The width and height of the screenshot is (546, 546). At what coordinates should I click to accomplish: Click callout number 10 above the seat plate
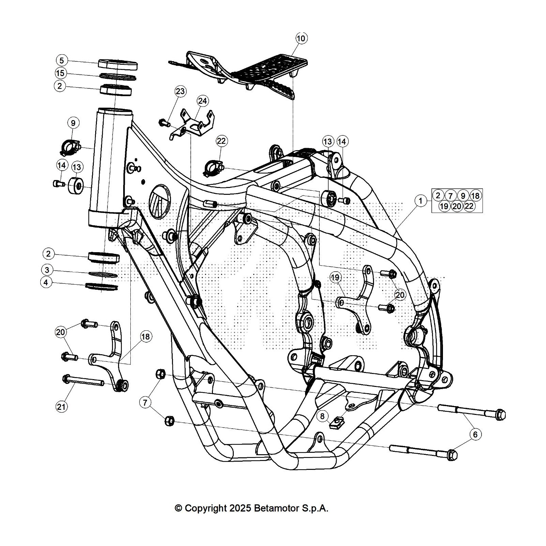pyautogui.click(x=301, y=38)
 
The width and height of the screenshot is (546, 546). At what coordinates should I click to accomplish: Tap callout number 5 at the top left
pyautogui.click(x=61, y=61)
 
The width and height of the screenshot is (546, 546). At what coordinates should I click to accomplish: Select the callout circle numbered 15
pyautogui.click(x=60, y=73)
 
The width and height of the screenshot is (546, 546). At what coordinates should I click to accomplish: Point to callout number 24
pyautogui.click(x=202, y=101)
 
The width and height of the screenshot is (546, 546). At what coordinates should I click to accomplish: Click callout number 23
pyautogui.click(x=180, y=91)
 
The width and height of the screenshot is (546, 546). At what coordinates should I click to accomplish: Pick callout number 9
pyautogui.click(x=73, y=123)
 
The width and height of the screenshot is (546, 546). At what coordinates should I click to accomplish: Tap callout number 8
pyautogui.click(x=322, y=416)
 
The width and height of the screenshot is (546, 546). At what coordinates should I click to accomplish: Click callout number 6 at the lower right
pyautogui.click(x=475, y=434)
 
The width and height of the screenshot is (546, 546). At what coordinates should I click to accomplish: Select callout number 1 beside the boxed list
pyautogui.click(x=420, y=201)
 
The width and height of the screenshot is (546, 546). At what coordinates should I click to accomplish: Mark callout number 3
pyautogui.click(x=47, y=270)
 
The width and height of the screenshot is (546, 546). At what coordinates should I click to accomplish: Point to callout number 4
pyautogui.click(x=46, y=283)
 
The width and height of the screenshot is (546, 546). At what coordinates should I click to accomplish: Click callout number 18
pyautogui.click(x=145, y=337)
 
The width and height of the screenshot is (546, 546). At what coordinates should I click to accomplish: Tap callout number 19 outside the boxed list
pyautogui.click(x=335, y=277)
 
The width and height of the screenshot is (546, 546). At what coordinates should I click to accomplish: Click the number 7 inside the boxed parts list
pyautogui.click(x=450, y=196)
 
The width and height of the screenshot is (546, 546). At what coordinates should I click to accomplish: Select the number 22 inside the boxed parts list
pyautogui.click(x=469, y=206)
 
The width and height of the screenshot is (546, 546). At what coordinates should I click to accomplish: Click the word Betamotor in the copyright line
pyautogui.click(x=276, y=508)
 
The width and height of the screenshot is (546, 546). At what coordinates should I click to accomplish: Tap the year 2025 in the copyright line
pyautogui.click(x=241, y=508)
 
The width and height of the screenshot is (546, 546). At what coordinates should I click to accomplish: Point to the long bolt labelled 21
pyautogui.click(x=84, y=381)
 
